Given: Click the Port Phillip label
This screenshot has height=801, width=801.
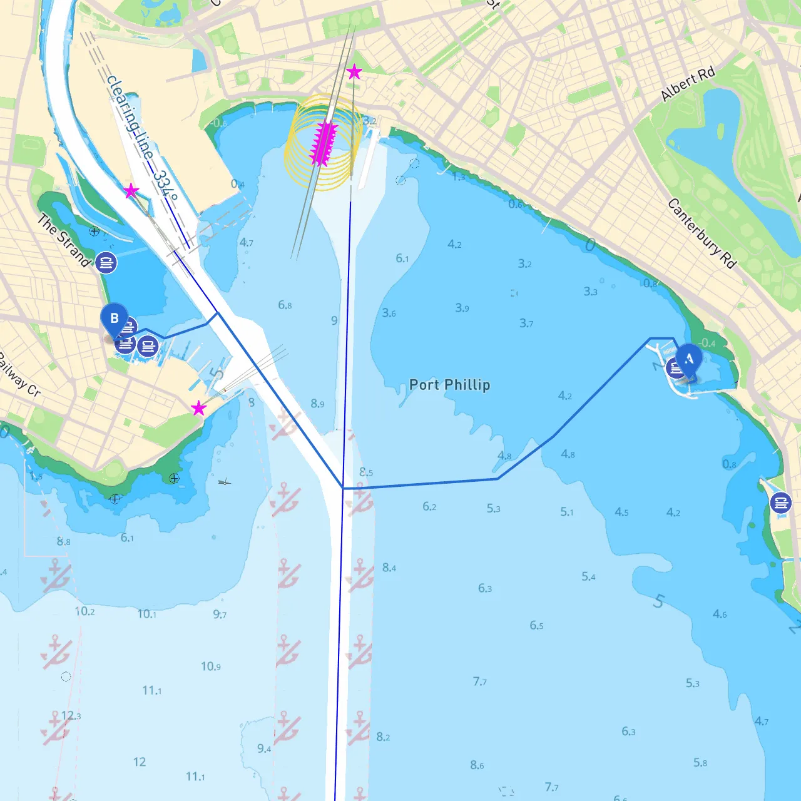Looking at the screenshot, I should (449, 385).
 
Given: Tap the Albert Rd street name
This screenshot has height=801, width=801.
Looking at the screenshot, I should (688, 84).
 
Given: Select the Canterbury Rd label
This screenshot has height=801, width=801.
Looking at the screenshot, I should (702, 233).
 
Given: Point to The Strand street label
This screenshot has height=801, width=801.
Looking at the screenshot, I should (64, 240).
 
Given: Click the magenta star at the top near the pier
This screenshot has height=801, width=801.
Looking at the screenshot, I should (354, 72).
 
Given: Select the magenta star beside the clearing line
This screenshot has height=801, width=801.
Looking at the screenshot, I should (131, 191).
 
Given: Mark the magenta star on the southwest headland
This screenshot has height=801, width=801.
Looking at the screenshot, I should (198, 409).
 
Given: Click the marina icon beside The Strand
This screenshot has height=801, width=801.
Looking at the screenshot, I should (106, 263).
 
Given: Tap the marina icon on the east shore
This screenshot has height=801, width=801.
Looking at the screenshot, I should (780, 503).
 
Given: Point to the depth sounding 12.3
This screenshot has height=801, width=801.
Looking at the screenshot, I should (71, 715).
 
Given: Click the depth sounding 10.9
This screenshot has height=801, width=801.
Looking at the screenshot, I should (211, 666).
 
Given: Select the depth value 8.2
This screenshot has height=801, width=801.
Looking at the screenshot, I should (383, 737).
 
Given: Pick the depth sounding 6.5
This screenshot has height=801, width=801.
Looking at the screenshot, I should (536, 625).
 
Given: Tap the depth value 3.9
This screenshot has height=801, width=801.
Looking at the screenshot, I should (462, 308).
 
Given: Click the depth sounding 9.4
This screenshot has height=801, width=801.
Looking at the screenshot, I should (264, 748).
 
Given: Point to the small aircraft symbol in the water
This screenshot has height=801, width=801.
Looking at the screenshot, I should (225, 481).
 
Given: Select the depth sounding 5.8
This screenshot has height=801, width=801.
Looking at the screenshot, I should (700, 763).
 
